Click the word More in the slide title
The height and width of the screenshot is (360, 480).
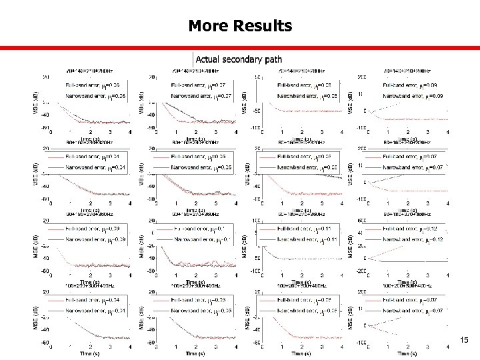(208, 26)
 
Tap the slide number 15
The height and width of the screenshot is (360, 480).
(464, 341)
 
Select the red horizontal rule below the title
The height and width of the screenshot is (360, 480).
(240, 48)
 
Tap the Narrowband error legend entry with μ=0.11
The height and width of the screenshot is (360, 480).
(304, 239)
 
